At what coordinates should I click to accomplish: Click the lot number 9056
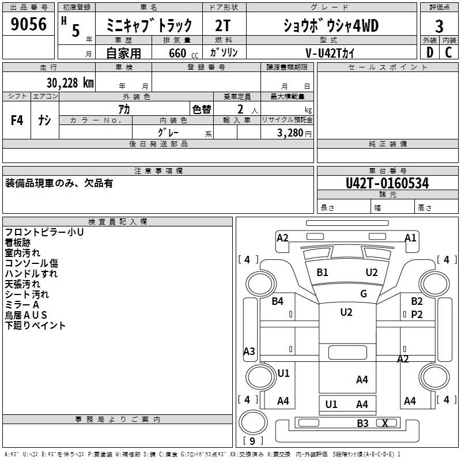(29, 24)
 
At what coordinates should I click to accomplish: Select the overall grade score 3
(439, 27)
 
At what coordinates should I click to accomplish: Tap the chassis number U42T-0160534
(387, 183)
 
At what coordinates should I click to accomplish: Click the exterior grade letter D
(429, 52)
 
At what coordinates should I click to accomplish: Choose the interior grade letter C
(448, 52)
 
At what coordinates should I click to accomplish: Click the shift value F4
(17, 120)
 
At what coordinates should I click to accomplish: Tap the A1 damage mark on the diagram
(410, 237)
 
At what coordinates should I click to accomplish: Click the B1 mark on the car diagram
(322, 272)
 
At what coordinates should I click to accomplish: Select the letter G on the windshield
(364, 294)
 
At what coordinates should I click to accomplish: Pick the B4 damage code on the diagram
(278, 301)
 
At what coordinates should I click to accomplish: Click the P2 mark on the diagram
(417, 314)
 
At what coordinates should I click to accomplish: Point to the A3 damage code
(249, 351)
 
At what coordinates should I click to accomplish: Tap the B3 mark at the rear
(362, 424)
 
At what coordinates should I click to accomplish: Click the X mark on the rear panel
(386, 423)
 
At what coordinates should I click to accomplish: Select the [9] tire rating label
(253, 441)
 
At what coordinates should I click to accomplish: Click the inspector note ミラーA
(22, 304)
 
